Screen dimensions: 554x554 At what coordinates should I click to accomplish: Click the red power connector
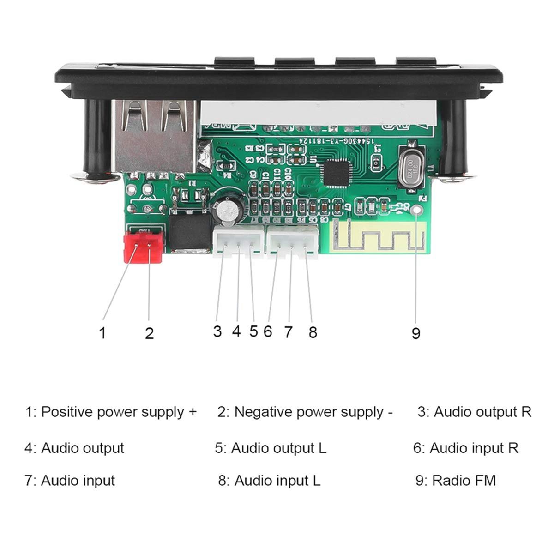pos(144,247)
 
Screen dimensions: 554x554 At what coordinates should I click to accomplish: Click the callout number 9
pos(415,332)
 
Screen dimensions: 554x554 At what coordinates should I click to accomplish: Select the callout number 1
pos(102,332)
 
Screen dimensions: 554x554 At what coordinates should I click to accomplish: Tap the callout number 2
pos(149,332)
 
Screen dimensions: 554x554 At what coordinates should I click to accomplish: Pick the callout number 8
pos(313,332)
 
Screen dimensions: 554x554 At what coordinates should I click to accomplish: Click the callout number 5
pos(253,331)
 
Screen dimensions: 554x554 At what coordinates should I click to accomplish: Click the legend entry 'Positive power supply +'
pos(111,412)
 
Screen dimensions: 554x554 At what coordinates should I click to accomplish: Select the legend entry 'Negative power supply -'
pos(305,412)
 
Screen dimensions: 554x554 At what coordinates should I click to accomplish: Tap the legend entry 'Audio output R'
pos(475,412)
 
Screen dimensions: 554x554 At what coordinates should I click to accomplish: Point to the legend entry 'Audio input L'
pos(269,481)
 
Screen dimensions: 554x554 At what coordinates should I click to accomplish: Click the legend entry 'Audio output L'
pos(271,448)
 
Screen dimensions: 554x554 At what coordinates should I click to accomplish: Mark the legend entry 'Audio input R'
pos(466,448)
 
